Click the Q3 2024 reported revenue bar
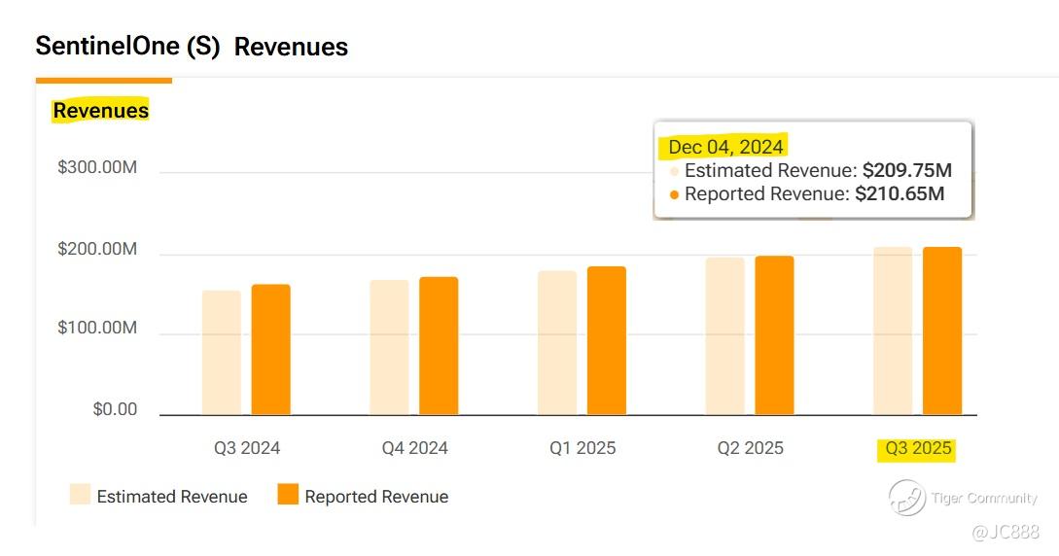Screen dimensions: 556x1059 coord(270,350)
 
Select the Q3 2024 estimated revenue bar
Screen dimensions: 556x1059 coord(221,353)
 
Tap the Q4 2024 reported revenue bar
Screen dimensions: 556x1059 coord(439,346)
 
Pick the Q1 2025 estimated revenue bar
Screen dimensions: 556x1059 coord(557,343)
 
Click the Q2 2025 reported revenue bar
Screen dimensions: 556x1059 coord(774,335)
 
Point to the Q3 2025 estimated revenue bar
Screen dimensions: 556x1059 coord(893,331)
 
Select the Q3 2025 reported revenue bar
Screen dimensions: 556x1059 coord(942,331)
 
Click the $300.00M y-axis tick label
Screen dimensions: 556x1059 coord(97,168)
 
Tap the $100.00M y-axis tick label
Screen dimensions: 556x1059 coord(97,329)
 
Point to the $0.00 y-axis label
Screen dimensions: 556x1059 coord(115,409)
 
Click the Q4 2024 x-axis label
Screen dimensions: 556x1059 coord(415,448)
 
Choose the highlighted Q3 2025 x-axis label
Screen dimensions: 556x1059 coord(918,449)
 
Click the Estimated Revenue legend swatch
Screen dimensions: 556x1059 coord(80,495)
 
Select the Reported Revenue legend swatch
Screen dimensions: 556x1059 coord(287,495)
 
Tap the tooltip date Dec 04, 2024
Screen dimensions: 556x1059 coord(725,147)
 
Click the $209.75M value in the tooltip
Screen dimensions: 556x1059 coord(906,170)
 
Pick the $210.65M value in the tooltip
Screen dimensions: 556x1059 coord(900,193)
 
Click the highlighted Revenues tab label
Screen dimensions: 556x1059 coord(100,111)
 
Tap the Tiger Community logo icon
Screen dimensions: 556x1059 coord(906,498)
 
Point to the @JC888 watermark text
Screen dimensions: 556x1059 coord(1006,532)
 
